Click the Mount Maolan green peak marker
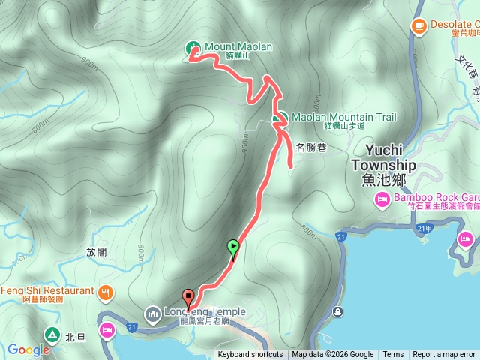191,48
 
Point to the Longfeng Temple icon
153,312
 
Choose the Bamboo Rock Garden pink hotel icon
380,199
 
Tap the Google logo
28,349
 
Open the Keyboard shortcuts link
250,355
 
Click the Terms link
393,355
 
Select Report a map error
444,355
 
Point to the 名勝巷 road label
310,148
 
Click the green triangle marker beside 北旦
52,334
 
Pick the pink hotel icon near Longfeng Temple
107,329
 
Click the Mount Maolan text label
238,46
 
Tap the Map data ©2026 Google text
333,355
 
